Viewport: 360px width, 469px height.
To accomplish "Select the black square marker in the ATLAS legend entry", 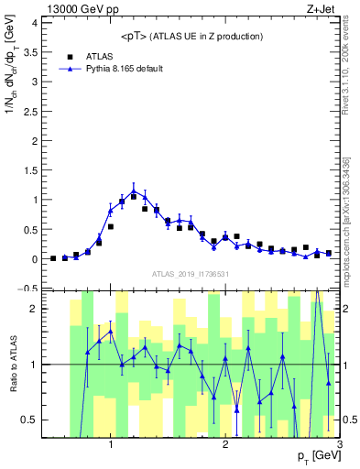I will click(65, 56).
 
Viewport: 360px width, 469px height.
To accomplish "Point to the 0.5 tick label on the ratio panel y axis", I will click(28, 420).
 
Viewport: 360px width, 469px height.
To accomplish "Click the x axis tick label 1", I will click(111, 445).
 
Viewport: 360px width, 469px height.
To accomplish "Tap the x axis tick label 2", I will click(225, 445).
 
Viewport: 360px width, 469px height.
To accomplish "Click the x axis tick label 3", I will click(339, 445).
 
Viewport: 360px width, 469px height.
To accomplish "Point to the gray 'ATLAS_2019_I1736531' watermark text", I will click(191, 273).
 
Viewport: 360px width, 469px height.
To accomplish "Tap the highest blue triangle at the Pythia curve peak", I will click(134, 192).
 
